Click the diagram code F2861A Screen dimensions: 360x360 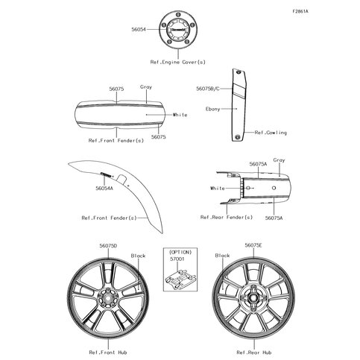click(x=300, y=11)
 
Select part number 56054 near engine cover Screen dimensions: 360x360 click(x=139, y=29)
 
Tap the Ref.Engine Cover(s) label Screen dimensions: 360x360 click(x=178, y=62)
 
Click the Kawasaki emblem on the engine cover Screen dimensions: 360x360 click(x=178, y=29)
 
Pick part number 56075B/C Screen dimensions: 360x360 click(x=208, y=89)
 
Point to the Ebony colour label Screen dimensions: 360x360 click(x=213, y=109)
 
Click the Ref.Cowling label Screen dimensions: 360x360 click(x=271, y=133)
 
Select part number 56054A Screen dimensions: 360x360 click(x=104, y=189)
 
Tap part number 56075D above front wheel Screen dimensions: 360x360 click(x=108, y=246)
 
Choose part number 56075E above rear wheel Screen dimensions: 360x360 click(x=253, y=245)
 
